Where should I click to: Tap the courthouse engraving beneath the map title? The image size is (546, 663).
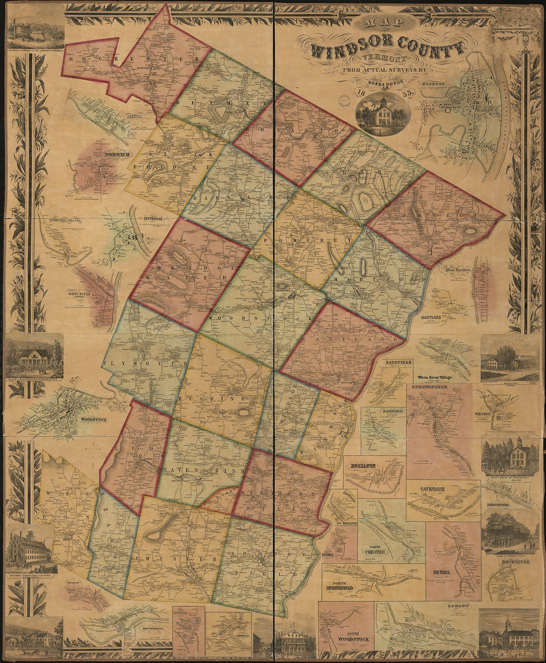pyautogui.click(x=383, y=113)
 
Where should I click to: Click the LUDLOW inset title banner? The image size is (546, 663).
pyautogui.click(x=457, y=606)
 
